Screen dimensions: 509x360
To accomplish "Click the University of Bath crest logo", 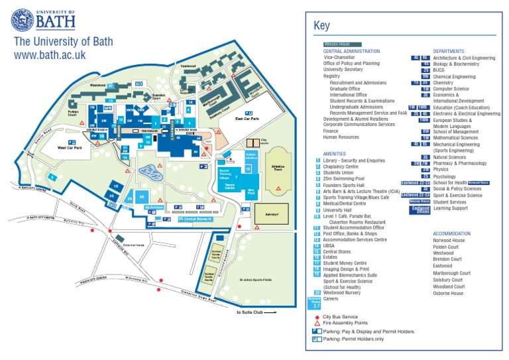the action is (23, 21).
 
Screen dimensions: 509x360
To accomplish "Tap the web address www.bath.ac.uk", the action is (50, 54).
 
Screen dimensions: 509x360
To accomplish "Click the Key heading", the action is (321, 26).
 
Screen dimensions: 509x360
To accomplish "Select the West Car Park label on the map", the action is (70, 148).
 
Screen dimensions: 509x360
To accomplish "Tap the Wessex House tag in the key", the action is (337, 44).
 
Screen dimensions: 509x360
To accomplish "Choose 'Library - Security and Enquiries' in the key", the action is (354, 160).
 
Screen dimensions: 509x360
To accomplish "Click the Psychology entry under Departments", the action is (444, 177).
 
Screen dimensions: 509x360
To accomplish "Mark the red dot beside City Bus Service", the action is (317, 318).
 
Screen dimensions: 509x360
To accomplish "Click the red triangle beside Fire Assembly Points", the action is (317, 324).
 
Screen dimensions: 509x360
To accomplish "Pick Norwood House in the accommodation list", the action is (449, 241).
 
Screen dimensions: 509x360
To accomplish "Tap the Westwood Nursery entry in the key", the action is (343, 292).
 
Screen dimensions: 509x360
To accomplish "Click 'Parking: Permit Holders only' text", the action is (353, 339).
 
